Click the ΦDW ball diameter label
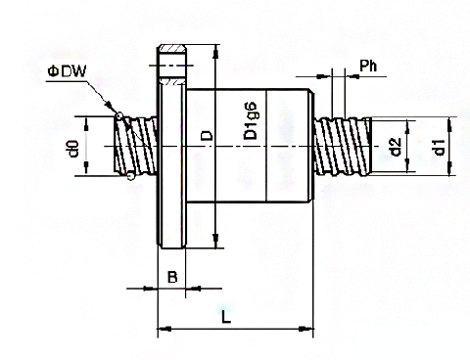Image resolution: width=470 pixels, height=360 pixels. click(67, 71)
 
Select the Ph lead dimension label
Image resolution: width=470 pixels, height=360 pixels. click(368, 66)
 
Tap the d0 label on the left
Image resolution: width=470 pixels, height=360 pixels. click(73, 149)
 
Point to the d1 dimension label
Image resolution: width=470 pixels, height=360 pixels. click(440, 148)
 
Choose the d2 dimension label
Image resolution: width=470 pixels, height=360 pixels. click(396, 148)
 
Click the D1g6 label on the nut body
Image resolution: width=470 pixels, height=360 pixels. click(251, 121)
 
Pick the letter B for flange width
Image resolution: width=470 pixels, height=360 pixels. click(172, 277)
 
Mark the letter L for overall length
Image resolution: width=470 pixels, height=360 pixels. click(226, 317)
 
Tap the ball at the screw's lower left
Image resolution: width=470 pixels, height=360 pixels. click(131, 176)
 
